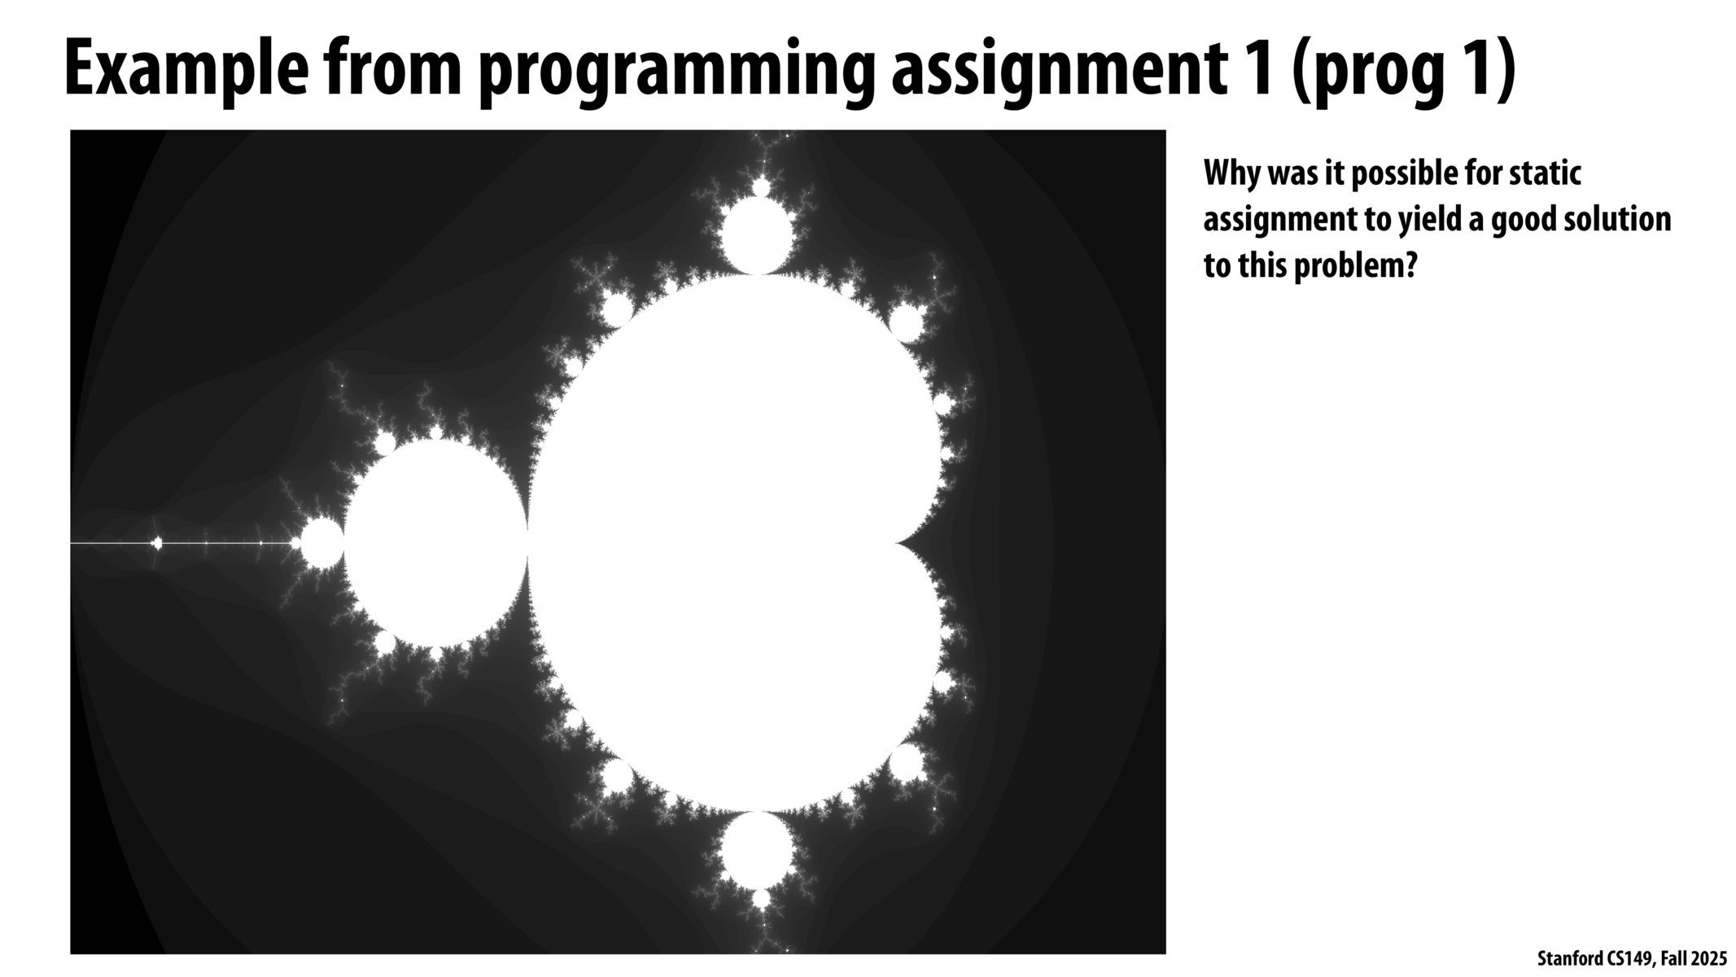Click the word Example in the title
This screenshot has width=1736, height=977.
(x=186, y=72)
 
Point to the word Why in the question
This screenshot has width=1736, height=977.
(x=1231, y=174)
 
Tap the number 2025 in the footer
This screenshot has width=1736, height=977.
(x=1706, y=958)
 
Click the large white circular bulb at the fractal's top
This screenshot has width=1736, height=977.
(x=758, y=235)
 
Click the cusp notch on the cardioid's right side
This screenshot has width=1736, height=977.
(x=899, y=542)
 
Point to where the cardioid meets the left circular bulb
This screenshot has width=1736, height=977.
(x=528, y=542)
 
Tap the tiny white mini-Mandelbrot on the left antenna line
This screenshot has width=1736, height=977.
(x=157, y=543)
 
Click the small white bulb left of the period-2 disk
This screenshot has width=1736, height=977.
(x=321, y=543)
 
